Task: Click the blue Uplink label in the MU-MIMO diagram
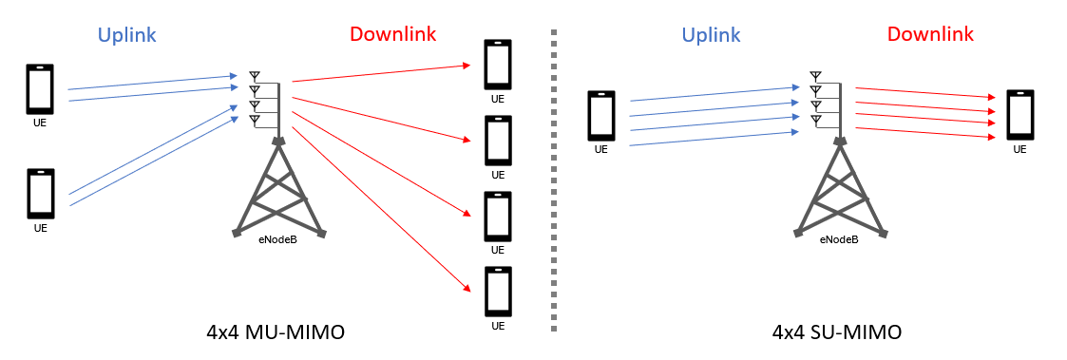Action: pyautogui.click(x=126, y=35)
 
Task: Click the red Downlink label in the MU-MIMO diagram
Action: pyautogui.click(x=392, y=34)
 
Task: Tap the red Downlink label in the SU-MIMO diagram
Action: pyautogui.click(x=930, y=35)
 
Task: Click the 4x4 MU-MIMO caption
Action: pyautogui.click(x=275, y=332)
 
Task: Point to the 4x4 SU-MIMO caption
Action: pyautogui.click(x=837, y=332)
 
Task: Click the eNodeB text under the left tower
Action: pyautogui.click(x=278, y=239)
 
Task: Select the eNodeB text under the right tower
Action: pyautogui.click(x=839, y=239)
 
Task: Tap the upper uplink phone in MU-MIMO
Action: pyautogui.click(x=40, y=89)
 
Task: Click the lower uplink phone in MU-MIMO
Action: pyautogui.click(x=40, y=194)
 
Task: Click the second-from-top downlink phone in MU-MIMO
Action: pyautogui.click(x=498, y=140)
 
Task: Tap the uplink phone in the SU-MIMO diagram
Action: pyautogui.click(x=600, y=115)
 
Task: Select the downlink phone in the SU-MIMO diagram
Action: pyautogui.click(x=1019, y=115)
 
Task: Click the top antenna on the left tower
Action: pyautogui.click(x=254, y=75)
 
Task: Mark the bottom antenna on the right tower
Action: pyautogui.click(x=815, y=120)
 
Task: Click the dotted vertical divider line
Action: pyautogui.click(x=554, y=180)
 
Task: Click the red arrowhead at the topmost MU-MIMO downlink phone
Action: pyautogui.click(x=467, y=66)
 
